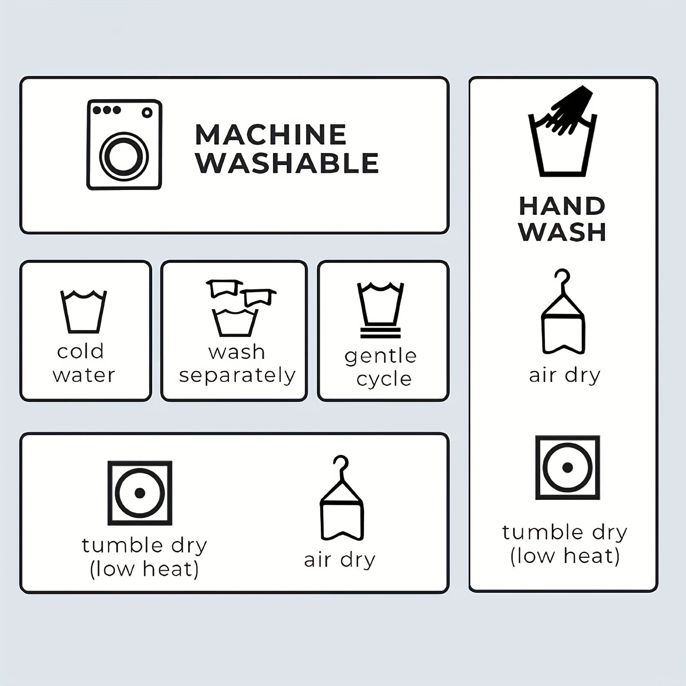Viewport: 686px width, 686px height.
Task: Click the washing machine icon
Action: point(124,144)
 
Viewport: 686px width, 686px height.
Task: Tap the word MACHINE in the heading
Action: point(271,135)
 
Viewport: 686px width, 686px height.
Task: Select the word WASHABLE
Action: point(287,163)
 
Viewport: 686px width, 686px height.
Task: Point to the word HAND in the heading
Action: point(562,206)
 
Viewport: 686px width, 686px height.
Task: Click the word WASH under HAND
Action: point(562,232)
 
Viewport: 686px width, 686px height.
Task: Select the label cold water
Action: point(84,363)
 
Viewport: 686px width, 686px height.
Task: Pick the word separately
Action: point(237,376)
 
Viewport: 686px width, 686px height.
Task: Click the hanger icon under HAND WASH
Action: point(563,311)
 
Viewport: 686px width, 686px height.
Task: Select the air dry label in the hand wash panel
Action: point(565,376)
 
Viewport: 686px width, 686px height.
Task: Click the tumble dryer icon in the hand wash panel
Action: point(568,467)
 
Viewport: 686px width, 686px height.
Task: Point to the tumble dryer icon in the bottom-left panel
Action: point(140,493)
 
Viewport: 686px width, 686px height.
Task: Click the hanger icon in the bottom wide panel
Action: point(342,498)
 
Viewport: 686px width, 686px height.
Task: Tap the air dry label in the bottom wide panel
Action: point(340,560)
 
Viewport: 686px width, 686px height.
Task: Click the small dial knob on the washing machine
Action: point(147,113)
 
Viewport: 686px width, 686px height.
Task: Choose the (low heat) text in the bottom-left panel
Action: point(144,569)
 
